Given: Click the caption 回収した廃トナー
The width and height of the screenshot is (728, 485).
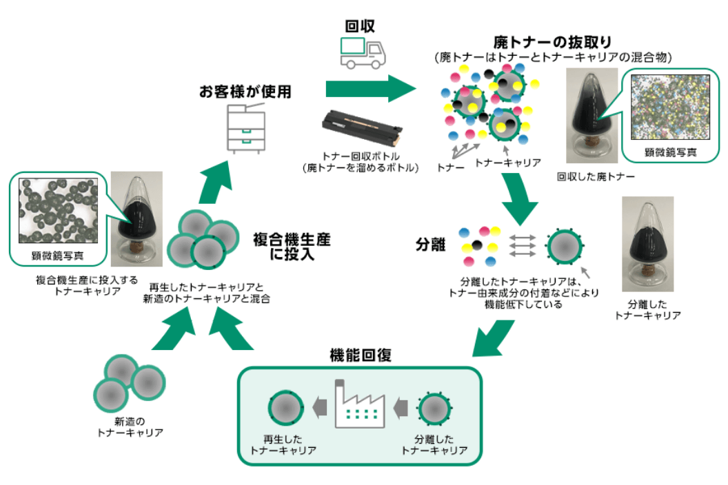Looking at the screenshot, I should (596, 177).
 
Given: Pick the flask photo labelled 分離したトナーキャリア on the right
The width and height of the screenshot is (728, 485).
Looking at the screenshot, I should (647, 245).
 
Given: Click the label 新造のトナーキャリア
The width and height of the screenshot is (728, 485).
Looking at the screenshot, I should (130, 426).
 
